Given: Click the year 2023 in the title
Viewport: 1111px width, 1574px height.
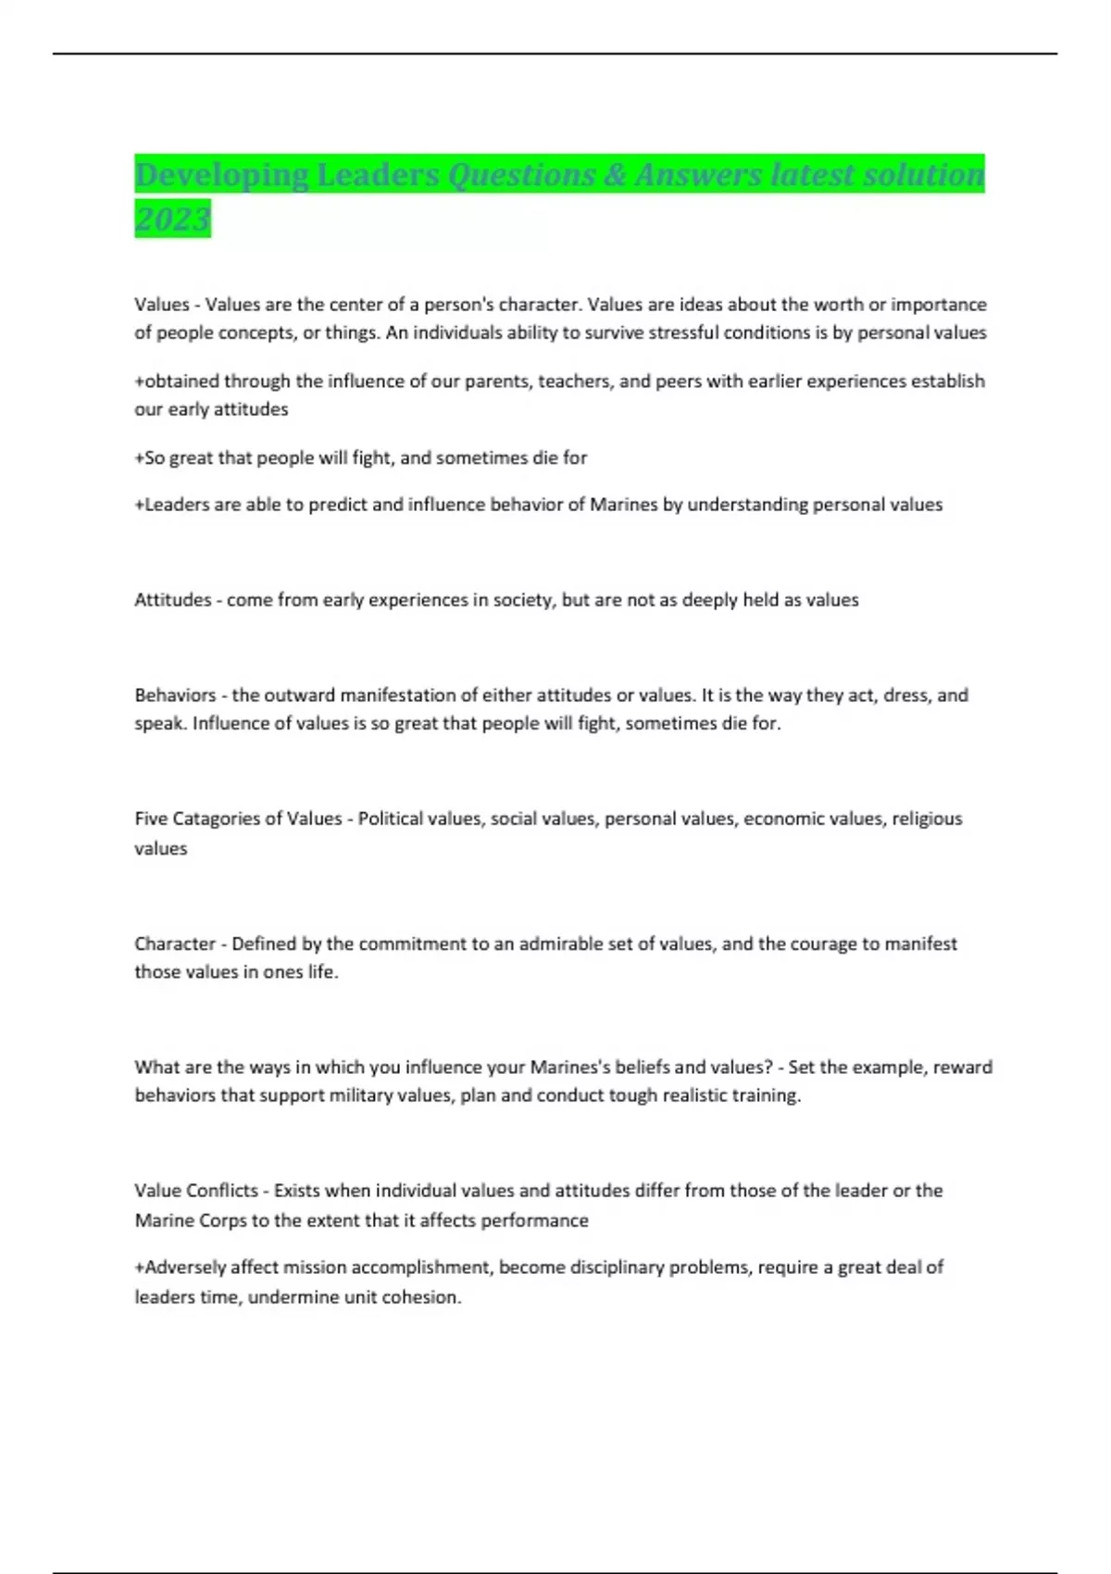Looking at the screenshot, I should click(172, 219).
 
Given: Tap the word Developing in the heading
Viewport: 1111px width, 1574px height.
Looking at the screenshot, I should click(221, 175).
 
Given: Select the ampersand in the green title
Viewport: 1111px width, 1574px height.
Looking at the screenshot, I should click(615, 175).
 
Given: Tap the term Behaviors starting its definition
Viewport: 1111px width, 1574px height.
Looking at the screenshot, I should click(175, 695).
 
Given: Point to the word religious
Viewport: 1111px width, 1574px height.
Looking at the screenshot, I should click(927, 818).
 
